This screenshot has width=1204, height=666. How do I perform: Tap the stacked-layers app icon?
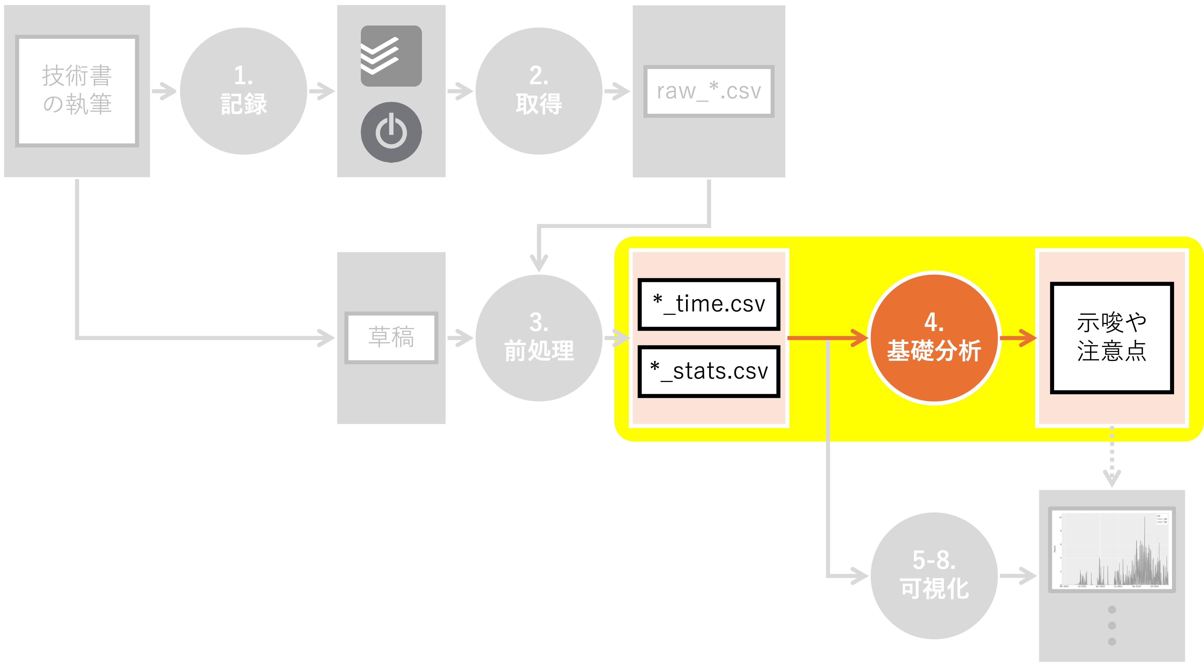click(391, 56)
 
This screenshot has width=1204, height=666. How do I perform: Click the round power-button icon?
click(391, 132)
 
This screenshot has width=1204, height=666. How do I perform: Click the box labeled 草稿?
click(391, 337)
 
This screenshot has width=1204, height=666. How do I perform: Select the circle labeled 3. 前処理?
click(539, 337)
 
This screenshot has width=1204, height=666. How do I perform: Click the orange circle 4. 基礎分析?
click(934, 337)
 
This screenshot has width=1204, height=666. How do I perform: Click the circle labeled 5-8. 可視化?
click(934, 575)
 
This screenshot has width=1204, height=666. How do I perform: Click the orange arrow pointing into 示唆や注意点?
click(1018, 337)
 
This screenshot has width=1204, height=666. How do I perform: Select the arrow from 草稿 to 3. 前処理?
click(460, 337)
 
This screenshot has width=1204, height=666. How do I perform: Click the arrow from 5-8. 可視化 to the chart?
click(1018, 575)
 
